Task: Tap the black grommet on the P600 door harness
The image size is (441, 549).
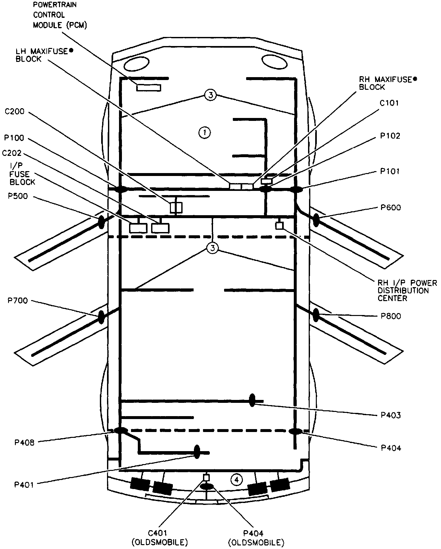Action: coord(316,220)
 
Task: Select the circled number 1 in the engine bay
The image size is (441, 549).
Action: coord(205,132)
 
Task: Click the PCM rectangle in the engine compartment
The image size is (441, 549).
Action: coord(149,88)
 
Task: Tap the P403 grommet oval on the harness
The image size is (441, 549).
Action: coord(252,401)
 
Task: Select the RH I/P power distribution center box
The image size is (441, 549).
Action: coord(279,226)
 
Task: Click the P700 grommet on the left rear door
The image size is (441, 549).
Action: coord(101,317)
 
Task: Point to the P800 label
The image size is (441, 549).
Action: coord(391,316)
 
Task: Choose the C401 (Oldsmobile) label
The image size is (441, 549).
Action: coord(160,533)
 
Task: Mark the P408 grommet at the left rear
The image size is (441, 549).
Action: coord(121,431)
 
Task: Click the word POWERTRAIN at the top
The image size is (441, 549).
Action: coord(55,5)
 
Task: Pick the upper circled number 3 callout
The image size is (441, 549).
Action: coord(210,95)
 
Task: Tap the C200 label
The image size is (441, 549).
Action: coord(14,112)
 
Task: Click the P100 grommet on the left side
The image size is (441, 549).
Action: coord(120,189)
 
